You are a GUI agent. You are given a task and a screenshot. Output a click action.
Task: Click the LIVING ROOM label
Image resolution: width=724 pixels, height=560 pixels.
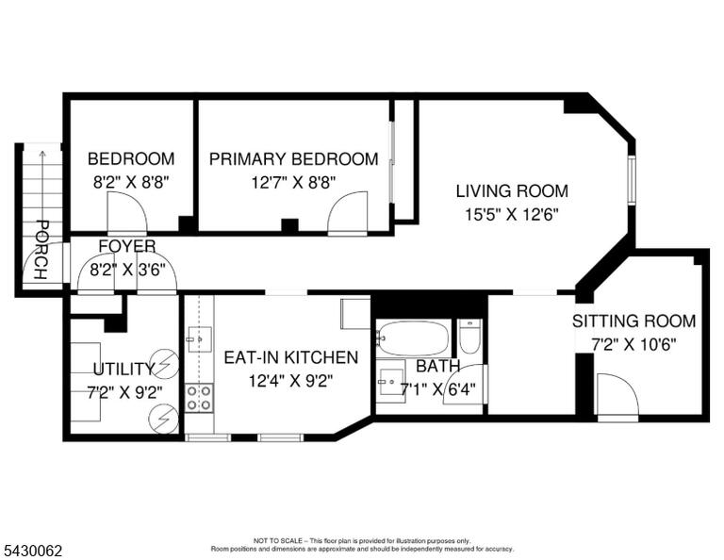pos(512,190)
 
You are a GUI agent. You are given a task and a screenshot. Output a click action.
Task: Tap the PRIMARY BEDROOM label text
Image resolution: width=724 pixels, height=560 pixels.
pos(294,158)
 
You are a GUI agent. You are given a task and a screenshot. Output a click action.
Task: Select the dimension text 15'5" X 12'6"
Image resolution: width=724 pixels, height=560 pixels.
pos(512,214)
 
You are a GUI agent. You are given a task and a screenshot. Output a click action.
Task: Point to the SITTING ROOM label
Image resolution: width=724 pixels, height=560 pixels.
pos(633,321)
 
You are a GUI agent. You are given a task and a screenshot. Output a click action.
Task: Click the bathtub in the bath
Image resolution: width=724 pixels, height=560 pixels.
pos(413,338)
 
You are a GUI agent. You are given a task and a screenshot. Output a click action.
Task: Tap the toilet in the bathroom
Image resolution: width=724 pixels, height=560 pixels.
pos(470,336)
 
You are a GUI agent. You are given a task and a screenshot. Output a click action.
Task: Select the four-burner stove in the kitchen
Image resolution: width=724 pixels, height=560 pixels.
pos(200,398)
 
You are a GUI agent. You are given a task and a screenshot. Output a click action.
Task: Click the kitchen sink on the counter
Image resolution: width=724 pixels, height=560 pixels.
pos(200,338)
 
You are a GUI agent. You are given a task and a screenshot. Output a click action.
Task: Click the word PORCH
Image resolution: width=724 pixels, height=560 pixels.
pos(41,250)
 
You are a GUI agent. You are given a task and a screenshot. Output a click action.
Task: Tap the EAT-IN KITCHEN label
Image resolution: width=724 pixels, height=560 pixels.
pos(291,357)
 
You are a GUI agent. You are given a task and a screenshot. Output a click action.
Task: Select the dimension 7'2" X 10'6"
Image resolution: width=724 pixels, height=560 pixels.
pos(633,344)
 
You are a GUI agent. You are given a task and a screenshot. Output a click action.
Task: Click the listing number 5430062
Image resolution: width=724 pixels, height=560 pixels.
pos(33,551)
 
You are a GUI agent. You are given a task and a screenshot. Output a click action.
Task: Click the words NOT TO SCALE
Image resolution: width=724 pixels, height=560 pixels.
pos(277,540)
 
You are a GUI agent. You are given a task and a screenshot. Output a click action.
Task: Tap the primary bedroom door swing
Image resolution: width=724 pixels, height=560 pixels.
pos(347,212)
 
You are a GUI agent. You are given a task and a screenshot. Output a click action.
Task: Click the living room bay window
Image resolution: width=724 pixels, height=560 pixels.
pos(632,180)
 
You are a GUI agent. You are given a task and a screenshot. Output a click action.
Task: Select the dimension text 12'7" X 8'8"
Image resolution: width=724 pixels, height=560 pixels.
pos(294,182)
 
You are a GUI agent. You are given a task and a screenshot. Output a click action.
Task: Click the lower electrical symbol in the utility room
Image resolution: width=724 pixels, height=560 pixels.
pos(163,419)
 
